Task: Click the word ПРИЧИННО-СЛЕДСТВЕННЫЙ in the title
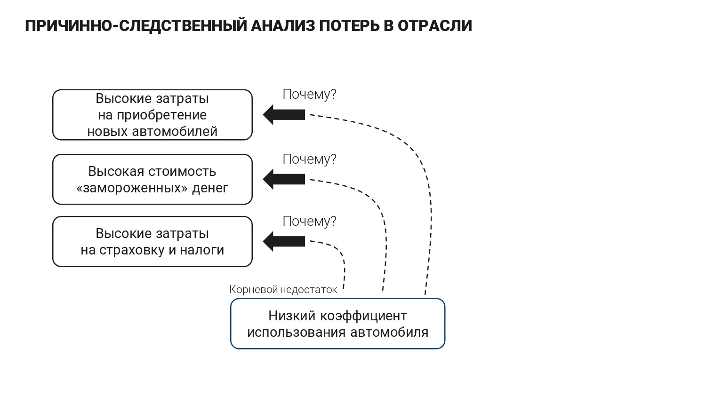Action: (136, 26)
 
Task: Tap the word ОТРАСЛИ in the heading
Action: (434, 26)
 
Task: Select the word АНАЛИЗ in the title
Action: (283, 26)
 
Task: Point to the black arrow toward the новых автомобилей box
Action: (284, 115)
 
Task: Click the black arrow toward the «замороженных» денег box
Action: (284, 179)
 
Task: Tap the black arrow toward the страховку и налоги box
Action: (284, 241)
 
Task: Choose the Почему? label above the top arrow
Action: (310, 95)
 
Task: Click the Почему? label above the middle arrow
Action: (310, 159)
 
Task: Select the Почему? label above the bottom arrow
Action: (310, 222)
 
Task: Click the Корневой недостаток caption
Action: (283, 290)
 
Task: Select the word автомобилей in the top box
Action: (175, 132)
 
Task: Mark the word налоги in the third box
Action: (202, 250)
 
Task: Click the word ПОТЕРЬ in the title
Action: (349, 26)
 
